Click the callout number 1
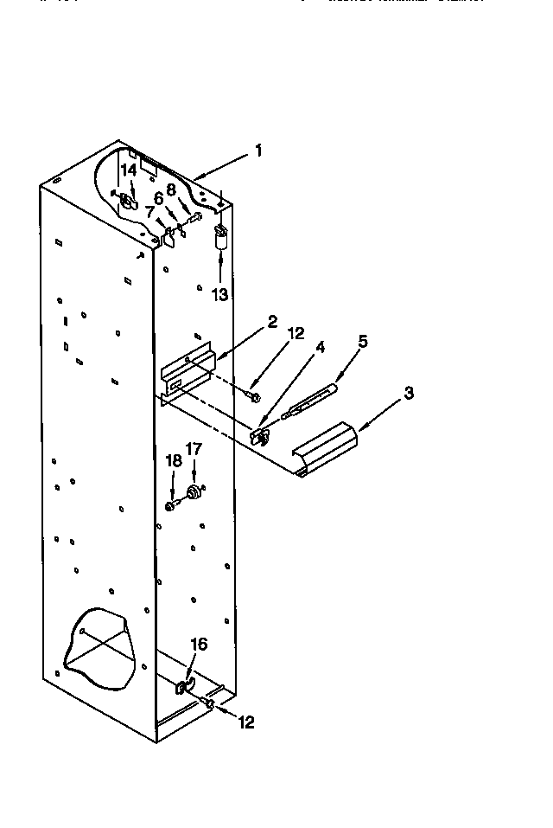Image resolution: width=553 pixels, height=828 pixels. pyautogui.click(x=257, y=151)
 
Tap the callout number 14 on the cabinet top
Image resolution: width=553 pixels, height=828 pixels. pyautogui.click(x=129, y=170)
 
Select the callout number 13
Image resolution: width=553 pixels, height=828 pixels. pyautogui.click(x=220, y=294)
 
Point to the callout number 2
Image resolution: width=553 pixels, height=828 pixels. pyautogui.click(x=272, y=322)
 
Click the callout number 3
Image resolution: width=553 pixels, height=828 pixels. pyautogui.click(x=409, y=392)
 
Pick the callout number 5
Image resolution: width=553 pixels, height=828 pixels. pyautogui.click(x=363, y=341)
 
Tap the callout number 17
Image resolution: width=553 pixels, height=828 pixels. pyautogui.click(x=194, y=450)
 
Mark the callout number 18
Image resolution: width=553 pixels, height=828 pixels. pyautogui.click(x=174, y=461)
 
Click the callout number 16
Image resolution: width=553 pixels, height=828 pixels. pyautogui.click(x=199, y=644)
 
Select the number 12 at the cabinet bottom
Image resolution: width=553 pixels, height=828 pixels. pyautogui.click(x=246, y=722)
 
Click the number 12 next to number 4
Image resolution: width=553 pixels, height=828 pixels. pyautogui.click(x=296, y=334)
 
